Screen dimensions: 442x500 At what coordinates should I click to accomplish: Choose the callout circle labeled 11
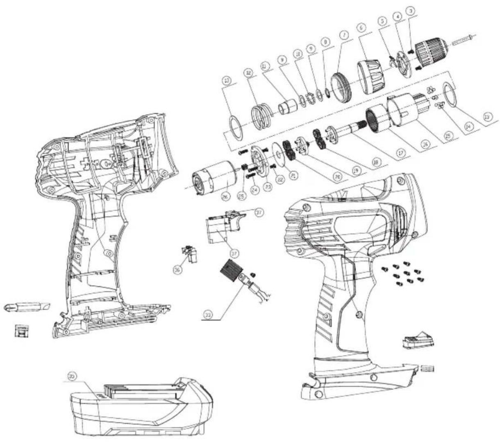coord(265,66)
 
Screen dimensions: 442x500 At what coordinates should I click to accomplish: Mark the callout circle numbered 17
coord(401,152)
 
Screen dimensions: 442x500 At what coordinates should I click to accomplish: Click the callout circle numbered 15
coord(448,135)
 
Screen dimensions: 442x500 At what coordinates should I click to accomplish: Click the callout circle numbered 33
coord(209,314)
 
